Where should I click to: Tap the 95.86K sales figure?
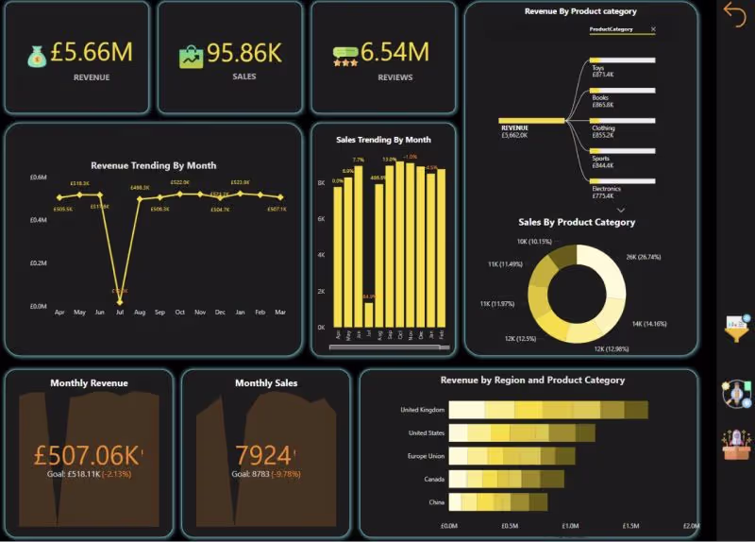tap(243, 53)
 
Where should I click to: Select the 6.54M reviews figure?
tap(394, 52)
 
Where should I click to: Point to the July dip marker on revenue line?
tap(120, 300)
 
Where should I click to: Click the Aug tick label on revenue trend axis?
tap(140, 313)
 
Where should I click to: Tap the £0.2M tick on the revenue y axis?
tap(38, 263)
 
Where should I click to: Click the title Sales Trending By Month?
tap(383, 140)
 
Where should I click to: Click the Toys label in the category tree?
tap(598, 68)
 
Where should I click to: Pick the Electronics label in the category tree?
tap(606, 189)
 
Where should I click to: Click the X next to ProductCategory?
tap(653, 30)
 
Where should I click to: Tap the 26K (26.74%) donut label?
tap(643, 256)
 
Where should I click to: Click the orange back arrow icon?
tap(734, 12)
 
